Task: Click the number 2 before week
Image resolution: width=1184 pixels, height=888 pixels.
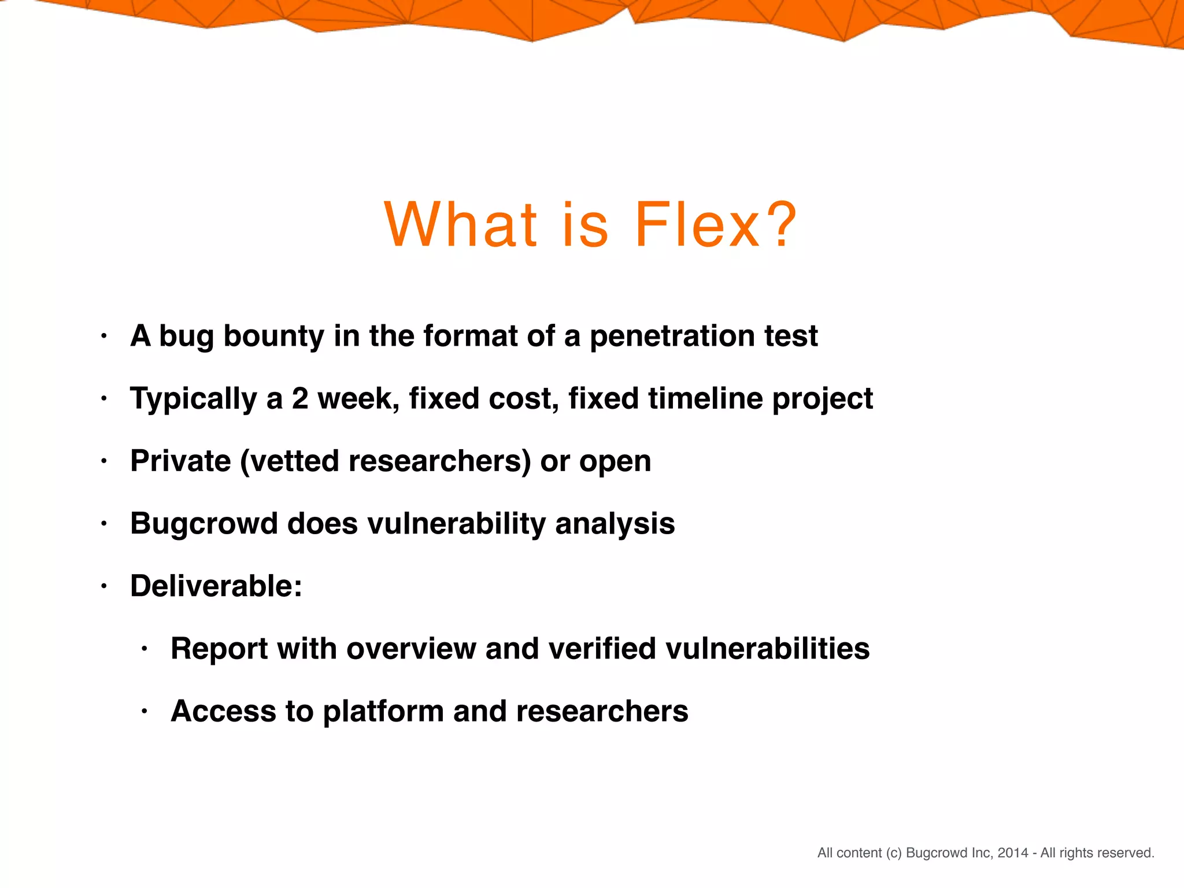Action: pos(300,398)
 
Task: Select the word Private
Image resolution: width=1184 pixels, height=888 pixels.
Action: pos(180,461)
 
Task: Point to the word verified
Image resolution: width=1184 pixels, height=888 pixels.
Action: pos(602,649)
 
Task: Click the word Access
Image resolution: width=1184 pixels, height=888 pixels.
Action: pos(223,711)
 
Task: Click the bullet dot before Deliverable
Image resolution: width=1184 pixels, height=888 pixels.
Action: pos(104,587)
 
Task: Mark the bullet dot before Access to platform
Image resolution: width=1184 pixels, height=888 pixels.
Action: pos(145,712)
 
